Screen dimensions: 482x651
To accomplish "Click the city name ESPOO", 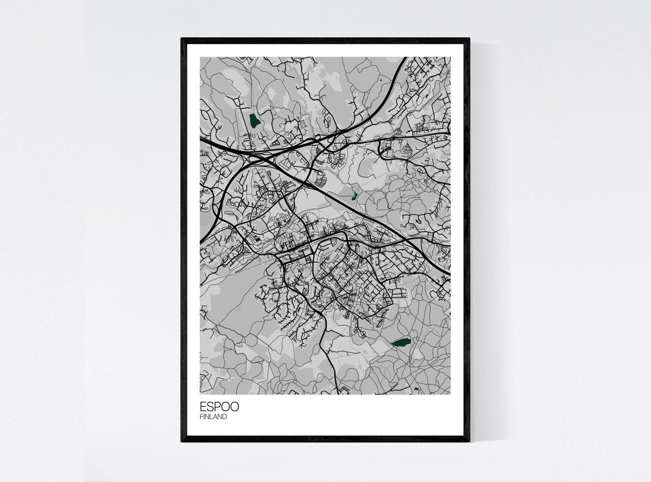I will pos(219,407).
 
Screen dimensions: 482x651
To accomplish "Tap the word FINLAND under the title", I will pos(213,417).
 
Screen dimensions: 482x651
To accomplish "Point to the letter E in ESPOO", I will pos(203,407).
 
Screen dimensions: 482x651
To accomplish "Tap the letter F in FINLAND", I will pos(201,417).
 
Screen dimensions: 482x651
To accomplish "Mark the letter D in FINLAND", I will pos(224,417).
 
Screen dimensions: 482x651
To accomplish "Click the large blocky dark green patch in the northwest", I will pos(254,120).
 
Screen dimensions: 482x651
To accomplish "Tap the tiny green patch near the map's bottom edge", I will pos(417,389).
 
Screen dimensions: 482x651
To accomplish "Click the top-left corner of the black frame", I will pos(182,39).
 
